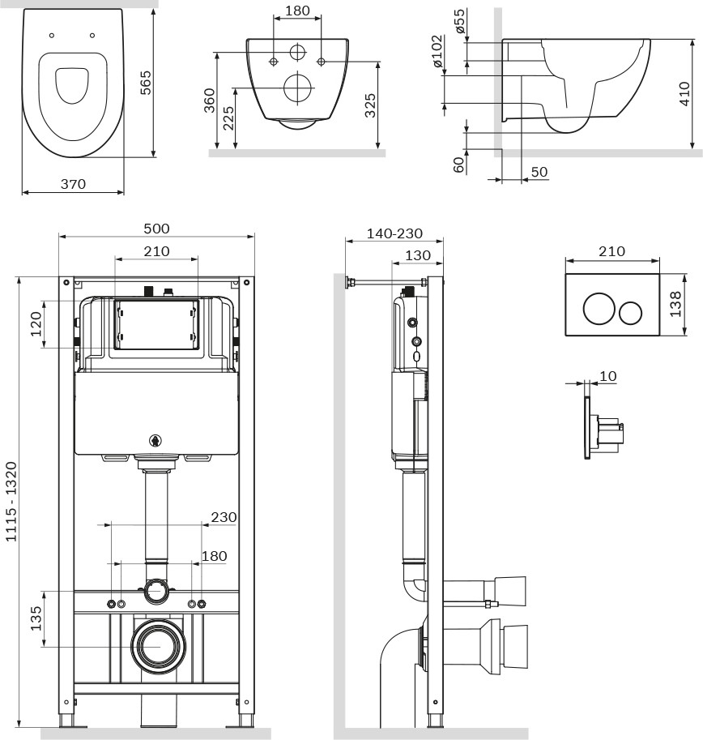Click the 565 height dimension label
pyautogui.click(x=146, y=83)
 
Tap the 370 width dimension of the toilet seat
pyautogui.click(x=73, y=184)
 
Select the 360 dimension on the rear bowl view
pyautogui.click(x=209, y=101)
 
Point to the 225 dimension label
pyautogui.click(x=228, y=118)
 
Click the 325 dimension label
pyautogui.click(x=370, y=105)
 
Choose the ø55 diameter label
pyautogui.click(x=459, y=21)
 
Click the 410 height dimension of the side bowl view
pyautogui.click(x=684, y=93)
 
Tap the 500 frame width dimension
pyautogui.click(x=156, y=229)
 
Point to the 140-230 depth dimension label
pyautogui.click(x=394, y=233)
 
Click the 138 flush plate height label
pyautogui.click(x=675, y=304)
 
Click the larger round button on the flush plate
pyautogui.click(x=599, y=309)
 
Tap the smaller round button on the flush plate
pyautogui.click(x=630, y=313)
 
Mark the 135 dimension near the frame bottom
pyautogui.click(x=36, y=618)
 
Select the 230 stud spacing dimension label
pyautogui.click(x=224, y=517)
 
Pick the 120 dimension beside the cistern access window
pyautogui.click(x=36, y=323)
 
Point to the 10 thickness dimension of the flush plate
pyautogui.click(x=607, y=376)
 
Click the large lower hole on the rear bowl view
pyautogui.click(x=299, y=88)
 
